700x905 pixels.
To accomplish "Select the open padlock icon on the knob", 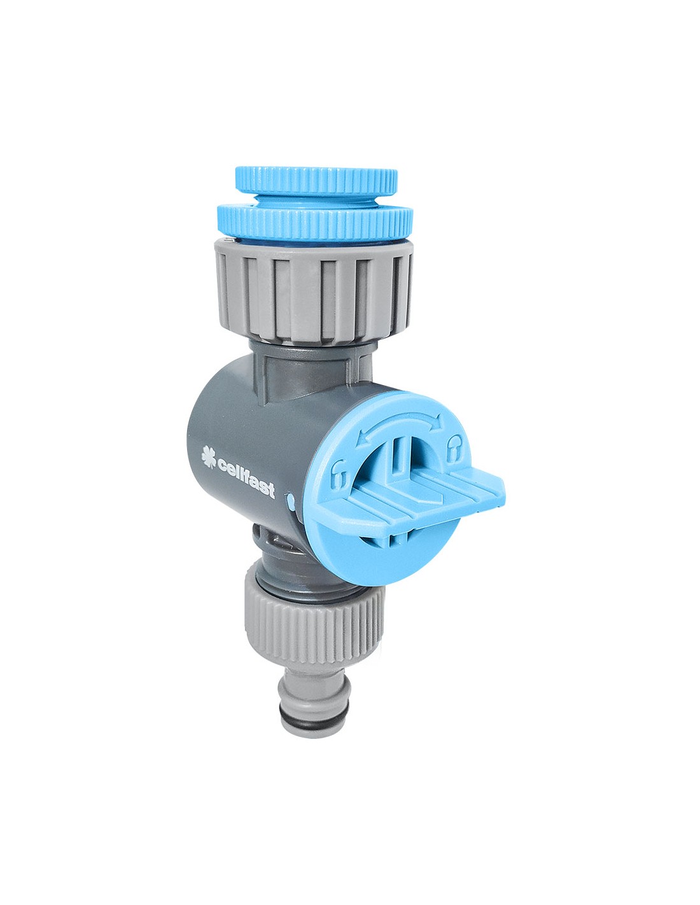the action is point(339,473).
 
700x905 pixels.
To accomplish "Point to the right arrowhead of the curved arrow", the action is point(435,421).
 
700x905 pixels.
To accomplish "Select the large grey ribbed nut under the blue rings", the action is point(314,291).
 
